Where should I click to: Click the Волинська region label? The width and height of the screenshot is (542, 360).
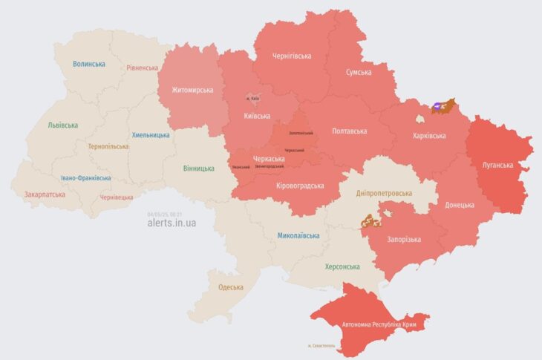(x=89, y=64)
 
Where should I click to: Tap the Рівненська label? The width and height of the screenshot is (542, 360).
(x=142, y=68)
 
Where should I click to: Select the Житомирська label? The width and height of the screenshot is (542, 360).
(x=192, y=91)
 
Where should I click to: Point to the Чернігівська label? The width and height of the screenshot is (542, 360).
(x=292, y=56)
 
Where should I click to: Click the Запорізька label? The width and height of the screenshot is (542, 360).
(x=404, y=239)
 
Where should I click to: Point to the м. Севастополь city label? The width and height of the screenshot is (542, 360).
(x=321, y=346)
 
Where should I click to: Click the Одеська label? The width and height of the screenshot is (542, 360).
(x=230, y=287)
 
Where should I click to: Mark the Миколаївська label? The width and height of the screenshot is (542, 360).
(x=298, y=235)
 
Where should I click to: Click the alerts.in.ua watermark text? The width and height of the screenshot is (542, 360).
(x=172, y=223)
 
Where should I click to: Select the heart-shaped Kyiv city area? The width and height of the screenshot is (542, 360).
(x=253, y=98)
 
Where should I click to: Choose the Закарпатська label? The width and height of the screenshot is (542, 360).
(x=45, y=194)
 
